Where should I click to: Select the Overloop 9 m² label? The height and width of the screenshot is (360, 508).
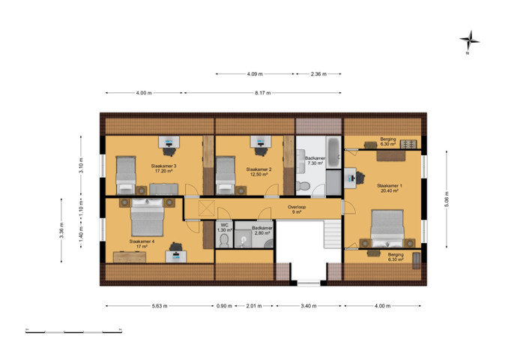coord(297,209)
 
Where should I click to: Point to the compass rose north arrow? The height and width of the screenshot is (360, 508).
coord(470,41)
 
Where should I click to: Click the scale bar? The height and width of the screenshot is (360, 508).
coord(73,331)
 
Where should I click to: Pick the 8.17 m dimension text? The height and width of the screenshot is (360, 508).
coord(263,93)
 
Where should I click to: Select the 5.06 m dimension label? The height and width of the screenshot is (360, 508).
coord(447,199)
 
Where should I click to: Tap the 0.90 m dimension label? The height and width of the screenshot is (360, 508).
coord(224,306)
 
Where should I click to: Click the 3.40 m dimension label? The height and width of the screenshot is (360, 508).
coord(309,306)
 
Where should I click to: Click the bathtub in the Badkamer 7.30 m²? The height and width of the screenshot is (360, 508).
coord(333,152)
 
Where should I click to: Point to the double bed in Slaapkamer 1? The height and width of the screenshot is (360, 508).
coord(387,229)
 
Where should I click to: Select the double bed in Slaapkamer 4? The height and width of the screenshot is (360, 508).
coord(147,217)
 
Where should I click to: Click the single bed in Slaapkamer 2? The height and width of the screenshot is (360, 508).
coord(226,175)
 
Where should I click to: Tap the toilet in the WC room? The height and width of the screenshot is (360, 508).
coord(224,241)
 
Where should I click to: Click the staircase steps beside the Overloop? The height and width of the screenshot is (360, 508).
coord(333,233)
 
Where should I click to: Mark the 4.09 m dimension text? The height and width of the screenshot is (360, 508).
coord(255,74)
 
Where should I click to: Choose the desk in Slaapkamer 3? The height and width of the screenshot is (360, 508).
coord(169,142)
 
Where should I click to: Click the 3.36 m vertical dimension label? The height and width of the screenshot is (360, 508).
coord(61,230)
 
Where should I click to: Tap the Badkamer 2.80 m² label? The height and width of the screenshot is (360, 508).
coord(262,230)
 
